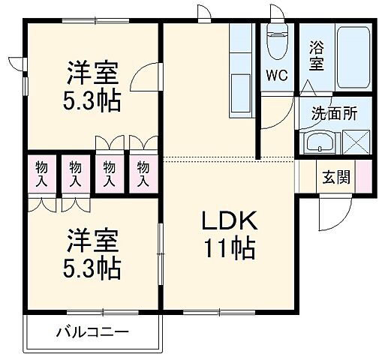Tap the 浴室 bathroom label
pyautogui.click(x=317, y=55)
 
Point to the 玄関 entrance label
pyautogui.click(x=335, y=178)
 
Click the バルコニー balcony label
pyautogui.click(x=92, y=331)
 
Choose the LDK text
pyautogui.click(x=230, y=222)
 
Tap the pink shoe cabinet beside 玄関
pyautogui.click(x=363, y=178)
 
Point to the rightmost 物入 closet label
pyautogui.click(x=143, y=172)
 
